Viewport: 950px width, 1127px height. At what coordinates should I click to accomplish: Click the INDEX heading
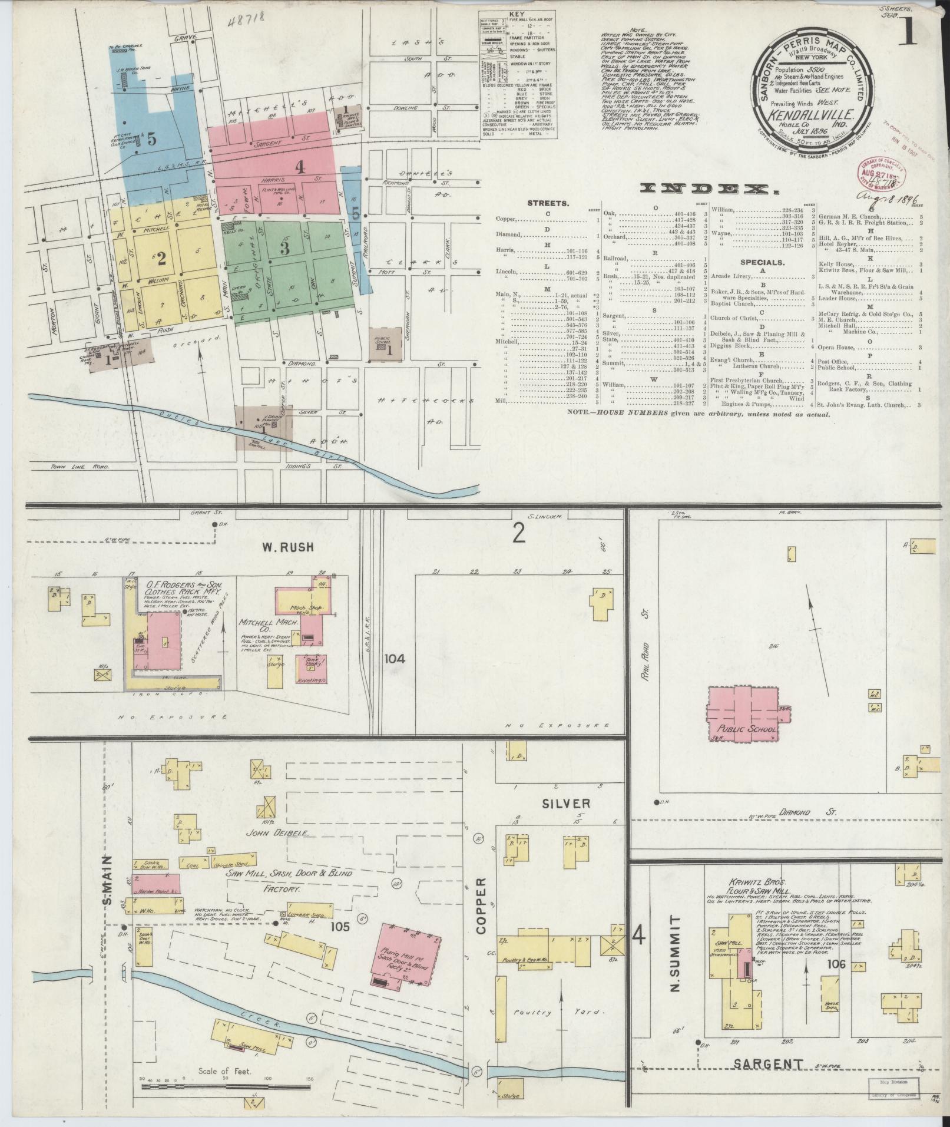(707, 188)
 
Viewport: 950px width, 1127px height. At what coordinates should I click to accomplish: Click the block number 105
(340, 927)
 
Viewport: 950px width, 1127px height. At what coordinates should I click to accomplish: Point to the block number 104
(395, 659)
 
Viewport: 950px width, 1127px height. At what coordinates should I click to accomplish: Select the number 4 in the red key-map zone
(300, 168)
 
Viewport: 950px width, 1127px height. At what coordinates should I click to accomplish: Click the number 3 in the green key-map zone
(285, 248)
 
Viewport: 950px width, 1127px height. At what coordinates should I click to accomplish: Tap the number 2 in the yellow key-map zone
(161, 257)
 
